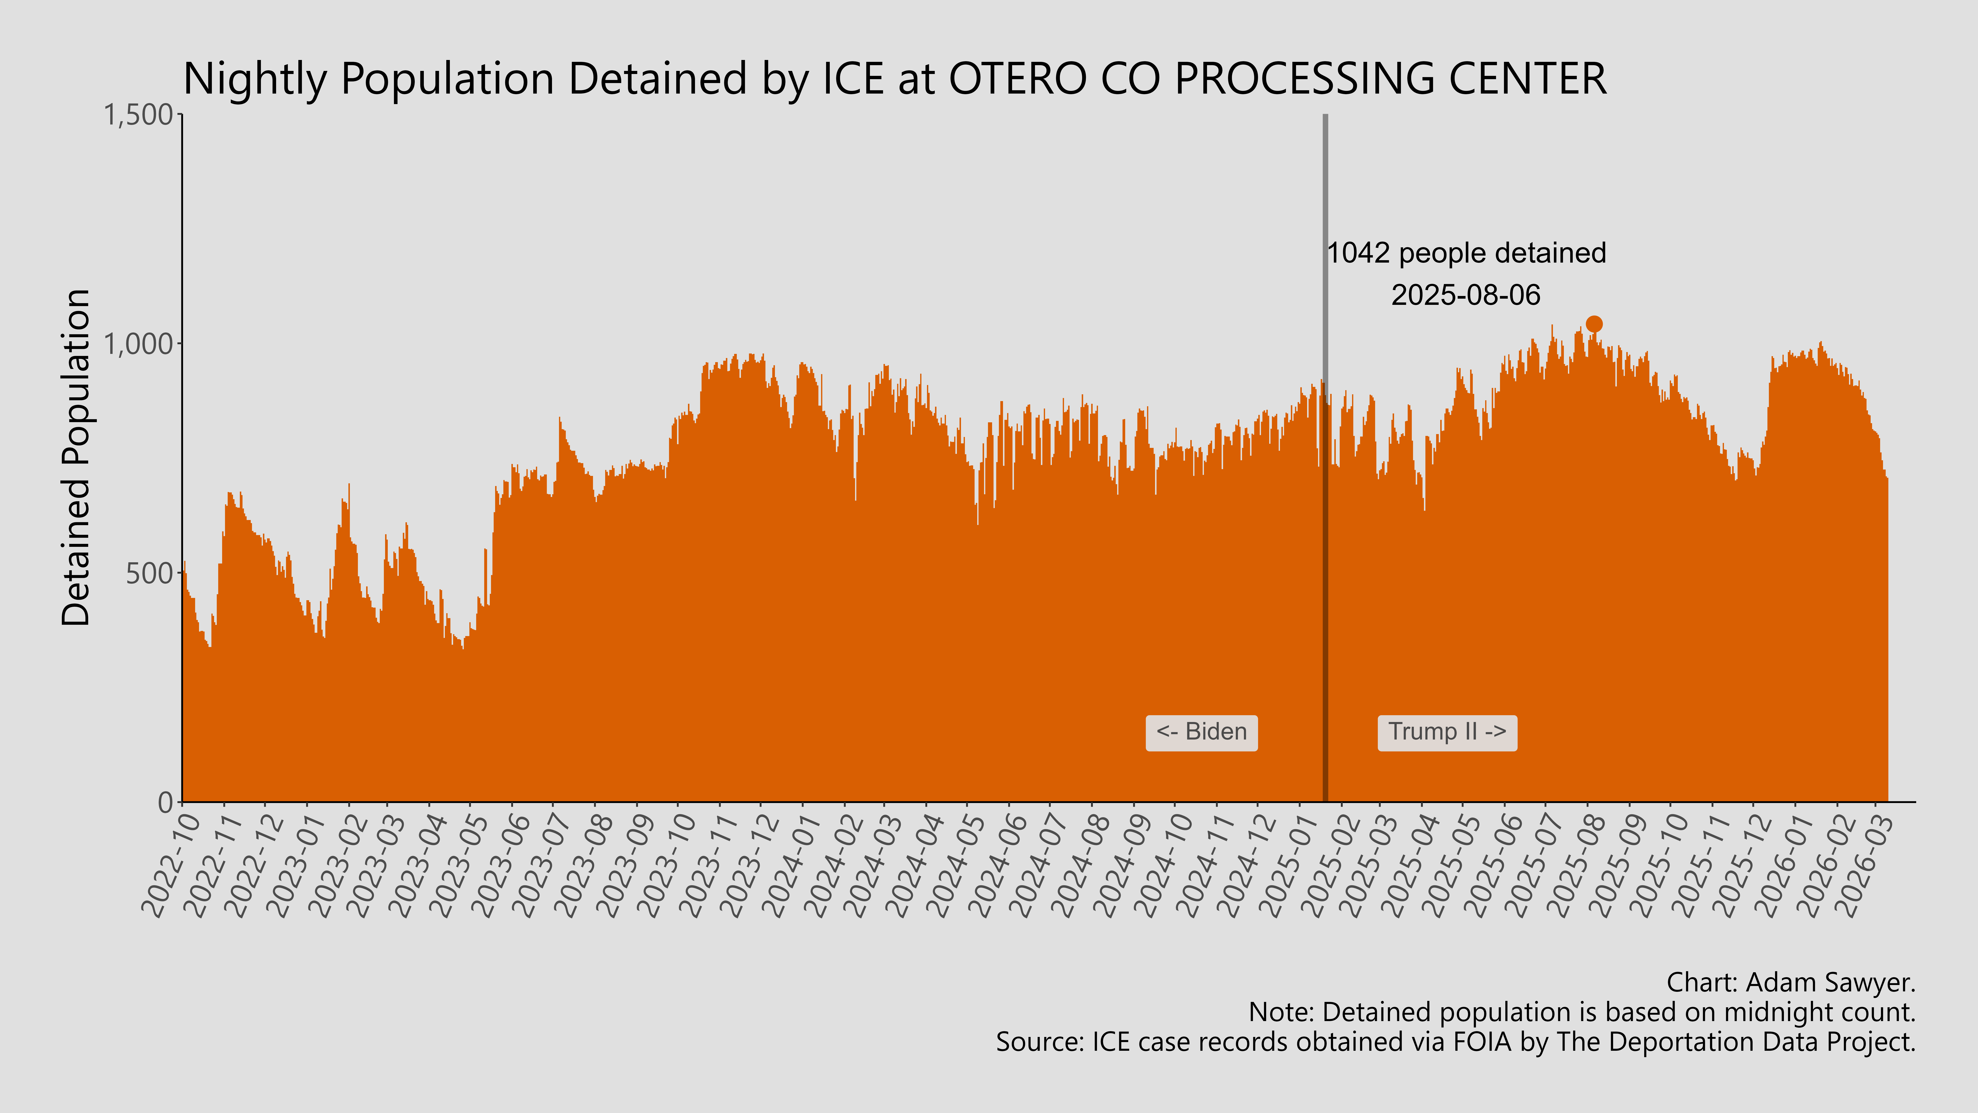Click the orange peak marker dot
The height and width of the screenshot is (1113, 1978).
1594,324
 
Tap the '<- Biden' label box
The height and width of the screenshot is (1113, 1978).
1202,732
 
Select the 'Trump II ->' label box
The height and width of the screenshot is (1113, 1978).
1447,732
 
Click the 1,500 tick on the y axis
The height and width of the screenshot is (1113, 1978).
138,115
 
